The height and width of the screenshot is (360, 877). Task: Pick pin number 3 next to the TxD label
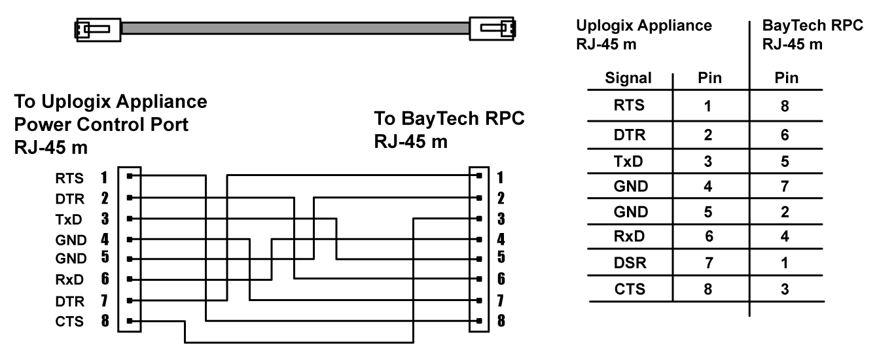(x=103, y=218)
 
